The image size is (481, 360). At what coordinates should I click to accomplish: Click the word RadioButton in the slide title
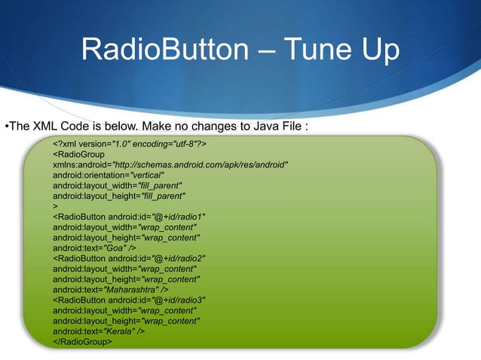[163, 51]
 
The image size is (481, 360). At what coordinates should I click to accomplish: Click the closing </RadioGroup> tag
[82, 341]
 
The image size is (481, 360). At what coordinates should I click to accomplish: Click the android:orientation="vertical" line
[109, 175]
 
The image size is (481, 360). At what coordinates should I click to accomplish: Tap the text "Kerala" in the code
[124, 331]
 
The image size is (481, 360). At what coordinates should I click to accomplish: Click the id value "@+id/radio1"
[179, 216]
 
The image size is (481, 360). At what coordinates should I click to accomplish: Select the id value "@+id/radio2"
[179, 258]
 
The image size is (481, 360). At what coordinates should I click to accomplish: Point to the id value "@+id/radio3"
[179, 299]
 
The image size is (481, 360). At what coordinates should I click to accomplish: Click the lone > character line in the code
[55, 206]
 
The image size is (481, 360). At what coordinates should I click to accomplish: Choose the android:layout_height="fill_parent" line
[119, 195]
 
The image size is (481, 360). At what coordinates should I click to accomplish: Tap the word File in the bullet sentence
[286, 126]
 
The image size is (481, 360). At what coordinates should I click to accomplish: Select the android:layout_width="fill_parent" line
[118, 185]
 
